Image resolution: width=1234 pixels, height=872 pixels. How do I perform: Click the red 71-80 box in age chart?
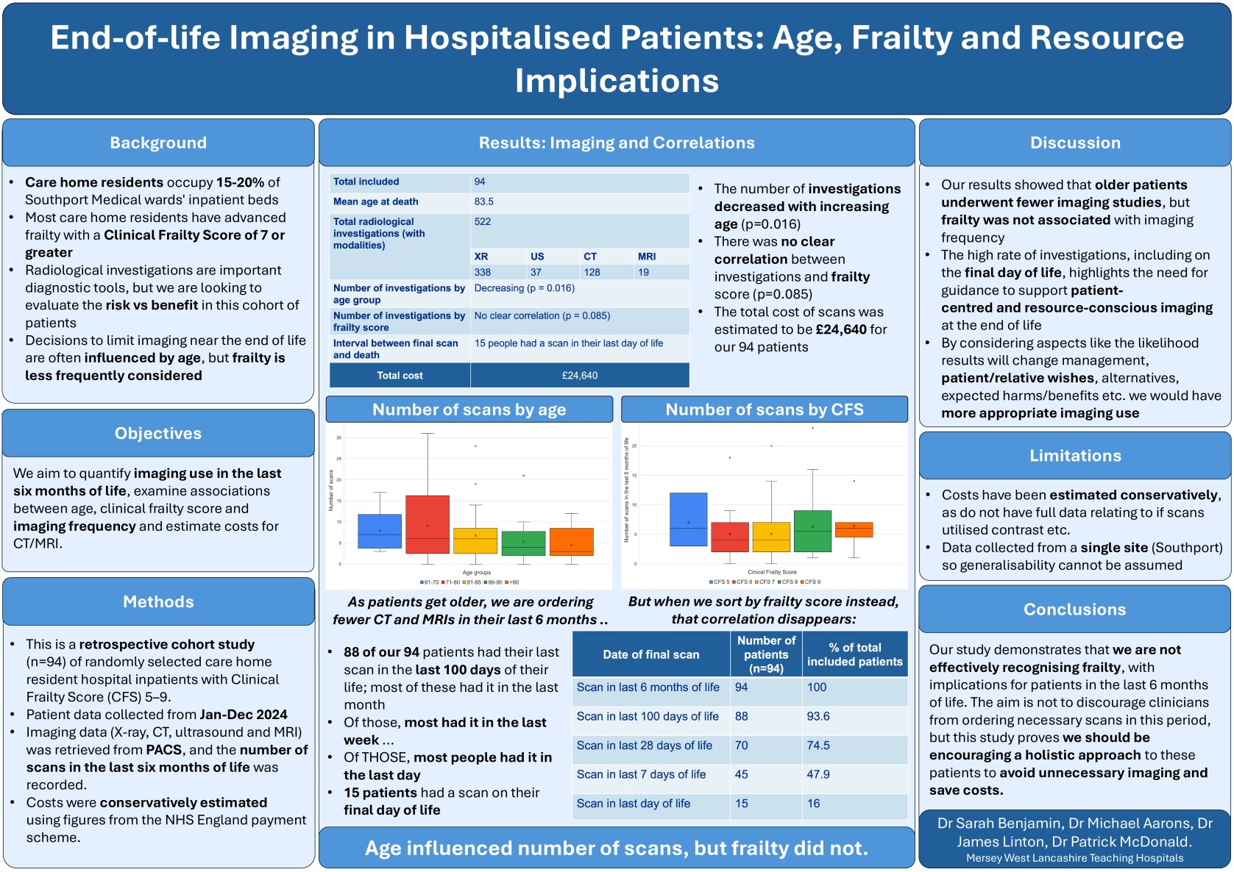click(x=428, y=523)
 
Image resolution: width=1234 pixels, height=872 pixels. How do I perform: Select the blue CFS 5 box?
click(x=688, y=519)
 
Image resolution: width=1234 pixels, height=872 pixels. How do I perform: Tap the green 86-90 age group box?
click(x=523, y=543)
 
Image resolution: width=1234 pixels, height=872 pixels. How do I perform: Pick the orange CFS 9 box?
click(x=854, y=529)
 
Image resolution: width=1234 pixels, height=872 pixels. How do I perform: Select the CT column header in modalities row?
click(x=590, y=257)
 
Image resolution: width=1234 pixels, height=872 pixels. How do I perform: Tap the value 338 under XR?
click(x=483, y=272)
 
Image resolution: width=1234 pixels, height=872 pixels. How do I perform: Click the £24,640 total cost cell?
click(x=580, y=375)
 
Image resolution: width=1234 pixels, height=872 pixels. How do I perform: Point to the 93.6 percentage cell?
click(x=818, y=716)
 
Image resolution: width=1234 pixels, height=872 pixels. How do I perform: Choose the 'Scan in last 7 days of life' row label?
click(x=641, y=774)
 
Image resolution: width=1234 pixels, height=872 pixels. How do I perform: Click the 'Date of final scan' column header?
click(x=651, y=654)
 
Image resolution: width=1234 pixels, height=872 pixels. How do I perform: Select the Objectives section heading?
click(x=158, y=433)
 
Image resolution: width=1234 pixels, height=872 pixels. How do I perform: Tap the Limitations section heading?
click(x=1075, y=455)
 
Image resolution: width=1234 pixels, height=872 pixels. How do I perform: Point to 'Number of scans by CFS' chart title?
click(x=765, y=410)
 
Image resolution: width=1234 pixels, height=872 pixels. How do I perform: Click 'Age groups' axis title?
click(x=477, y=572)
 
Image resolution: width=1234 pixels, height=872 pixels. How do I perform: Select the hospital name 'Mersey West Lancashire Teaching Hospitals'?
click(x=1074, y=858)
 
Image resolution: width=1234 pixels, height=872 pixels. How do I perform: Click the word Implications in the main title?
click(x=617, y=81)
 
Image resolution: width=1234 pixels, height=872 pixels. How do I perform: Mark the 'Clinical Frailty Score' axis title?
click(x=772, y=572)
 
